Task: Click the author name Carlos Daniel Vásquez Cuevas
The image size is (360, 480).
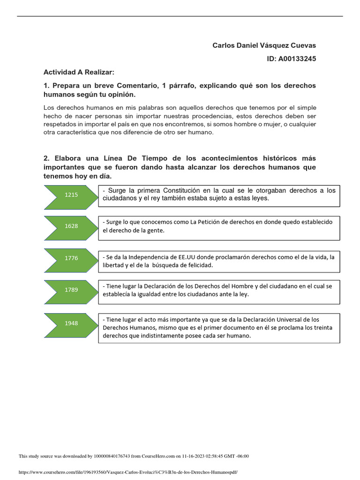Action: [x=264, y=45]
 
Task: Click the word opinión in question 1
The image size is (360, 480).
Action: [x=119, y=94]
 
